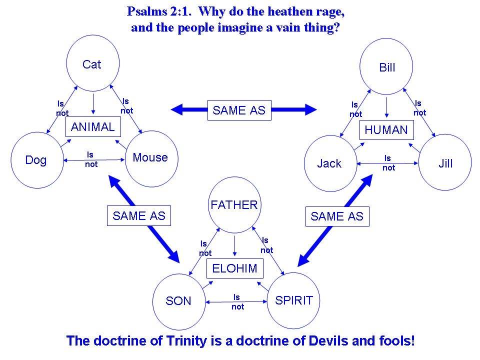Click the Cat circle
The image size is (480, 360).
click(92, 64)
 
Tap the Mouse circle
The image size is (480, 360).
click(150, 158)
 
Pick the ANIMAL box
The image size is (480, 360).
click(93, 127)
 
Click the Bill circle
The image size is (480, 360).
click(386, 67)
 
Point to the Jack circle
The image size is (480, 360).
click(330, 163)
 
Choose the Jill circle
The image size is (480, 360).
click(444, 163)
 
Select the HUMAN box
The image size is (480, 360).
click(386, 130)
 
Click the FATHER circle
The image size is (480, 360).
click(234, 204)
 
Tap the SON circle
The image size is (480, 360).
click(178, 301)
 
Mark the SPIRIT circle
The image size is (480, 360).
click(293, 300)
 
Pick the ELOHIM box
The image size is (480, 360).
click(234, 268)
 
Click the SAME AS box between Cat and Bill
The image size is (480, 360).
click(239, 110)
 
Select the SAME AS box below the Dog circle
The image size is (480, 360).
click(139, 216)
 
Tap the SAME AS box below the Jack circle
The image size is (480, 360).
click(337, 216)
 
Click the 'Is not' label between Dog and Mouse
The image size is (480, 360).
click(91, 160)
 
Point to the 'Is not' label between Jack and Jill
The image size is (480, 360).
click(388, 163)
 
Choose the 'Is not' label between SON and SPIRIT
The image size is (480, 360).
click(237, 302)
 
